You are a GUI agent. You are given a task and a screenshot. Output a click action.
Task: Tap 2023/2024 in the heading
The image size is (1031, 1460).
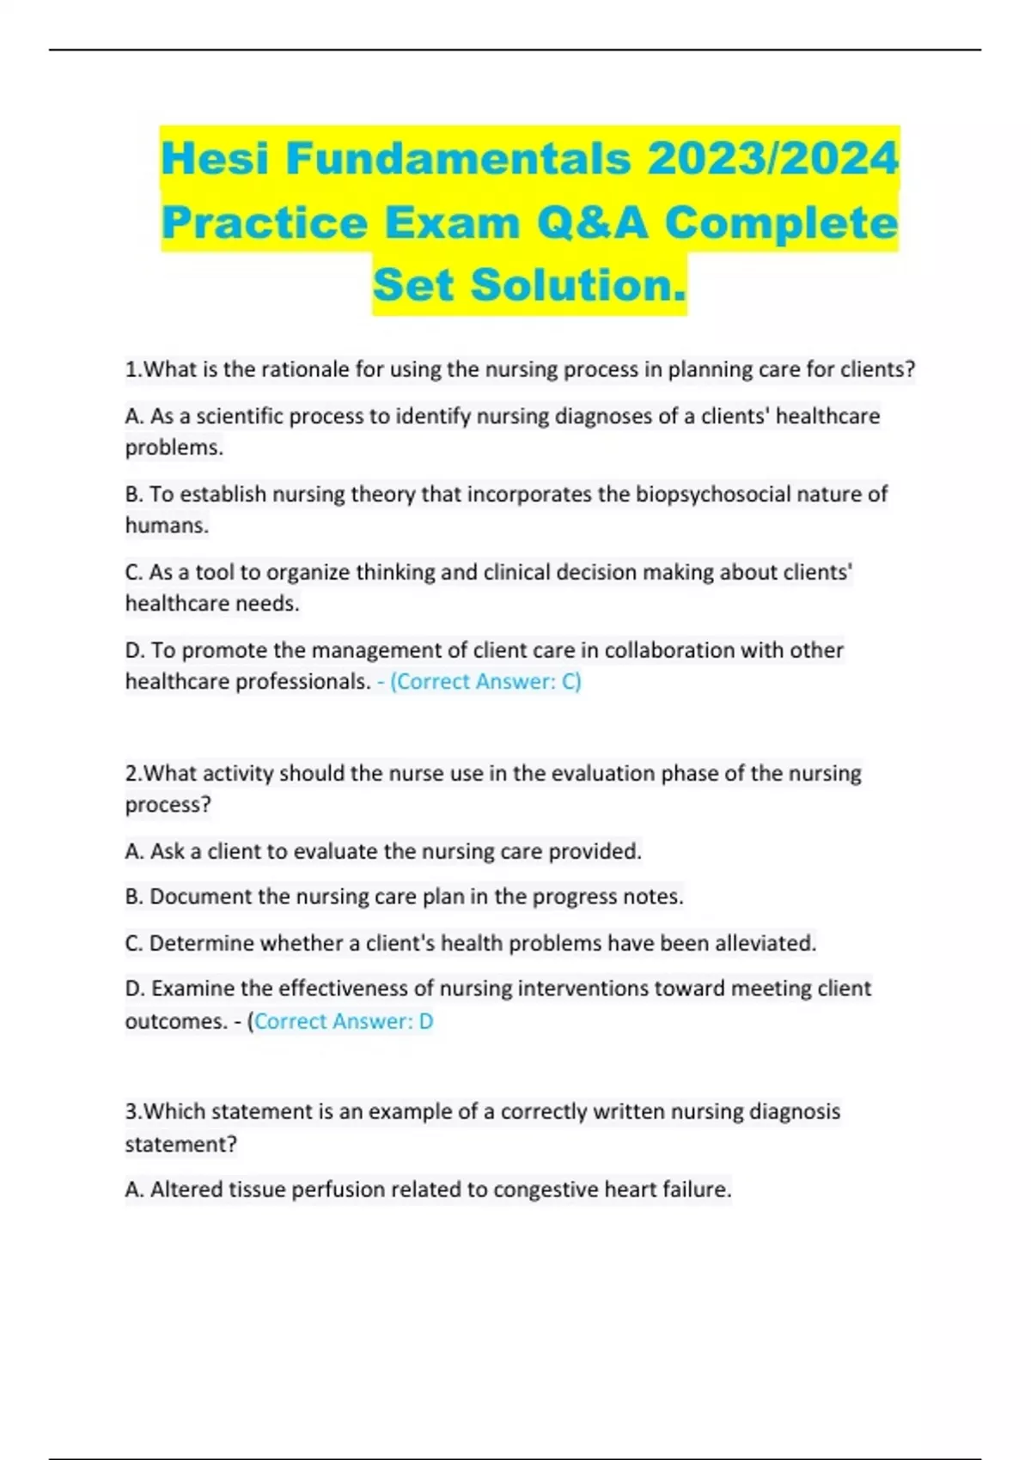[x=772, y=159]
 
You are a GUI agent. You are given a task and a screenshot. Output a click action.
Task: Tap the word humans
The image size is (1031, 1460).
[x=166, y=526]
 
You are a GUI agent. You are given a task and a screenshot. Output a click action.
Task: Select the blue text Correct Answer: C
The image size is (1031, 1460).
[x=485, y=682]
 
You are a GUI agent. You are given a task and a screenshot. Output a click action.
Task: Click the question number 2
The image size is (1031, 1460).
[x=132, y=774]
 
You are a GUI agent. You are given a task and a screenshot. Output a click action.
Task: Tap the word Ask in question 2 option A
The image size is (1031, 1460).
[x=168, y=851]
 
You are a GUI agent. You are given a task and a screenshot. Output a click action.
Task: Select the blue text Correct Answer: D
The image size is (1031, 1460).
[x=344, y=1021]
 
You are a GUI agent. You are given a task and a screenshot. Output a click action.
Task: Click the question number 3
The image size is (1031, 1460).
[x=132, y=1111]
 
